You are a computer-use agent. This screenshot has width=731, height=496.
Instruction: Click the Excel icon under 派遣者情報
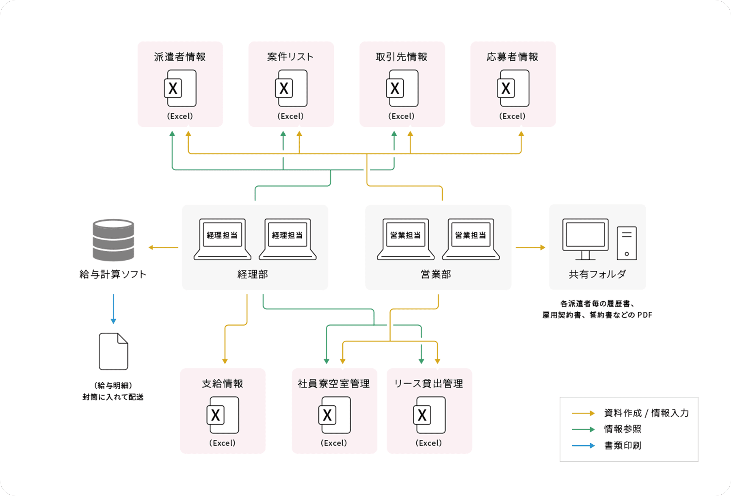[180, 88]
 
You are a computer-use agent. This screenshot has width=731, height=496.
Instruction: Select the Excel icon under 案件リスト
[291, 88]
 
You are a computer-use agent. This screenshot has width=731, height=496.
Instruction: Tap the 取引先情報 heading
[402, 57]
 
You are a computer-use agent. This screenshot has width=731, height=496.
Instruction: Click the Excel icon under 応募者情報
[513, 88]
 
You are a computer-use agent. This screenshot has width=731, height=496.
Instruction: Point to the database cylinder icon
[113, 240]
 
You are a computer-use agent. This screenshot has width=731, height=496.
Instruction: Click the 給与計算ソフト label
[113, 274]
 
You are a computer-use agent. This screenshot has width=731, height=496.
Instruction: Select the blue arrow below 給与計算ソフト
[113, 309]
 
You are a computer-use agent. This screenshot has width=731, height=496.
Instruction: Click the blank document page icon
[113, 351]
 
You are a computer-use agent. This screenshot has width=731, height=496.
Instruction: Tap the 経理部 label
[253, 274]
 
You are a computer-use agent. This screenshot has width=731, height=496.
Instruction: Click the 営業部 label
[436, 274]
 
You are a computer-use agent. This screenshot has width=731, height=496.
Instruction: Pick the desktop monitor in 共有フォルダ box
[585, 239]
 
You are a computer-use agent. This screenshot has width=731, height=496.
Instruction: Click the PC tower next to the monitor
[627, 243]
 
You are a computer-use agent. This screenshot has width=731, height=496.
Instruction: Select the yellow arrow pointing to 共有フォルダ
[530, 247]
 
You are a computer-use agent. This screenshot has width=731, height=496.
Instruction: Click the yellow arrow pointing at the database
[163, 247]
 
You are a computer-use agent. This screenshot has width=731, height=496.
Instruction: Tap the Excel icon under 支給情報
[223, 415]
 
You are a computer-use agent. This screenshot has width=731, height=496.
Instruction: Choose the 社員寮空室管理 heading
[334, 384]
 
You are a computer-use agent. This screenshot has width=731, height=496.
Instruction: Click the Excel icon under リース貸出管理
[429, 415]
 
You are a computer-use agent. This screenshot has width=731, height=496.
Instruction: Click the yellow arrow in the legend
[583, 413]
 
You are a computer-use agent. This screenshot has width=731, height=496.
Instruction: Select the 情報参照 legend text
[623, 429]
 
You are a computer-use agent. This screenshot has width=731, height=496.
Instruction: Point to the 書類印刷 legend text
[623, 446]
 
